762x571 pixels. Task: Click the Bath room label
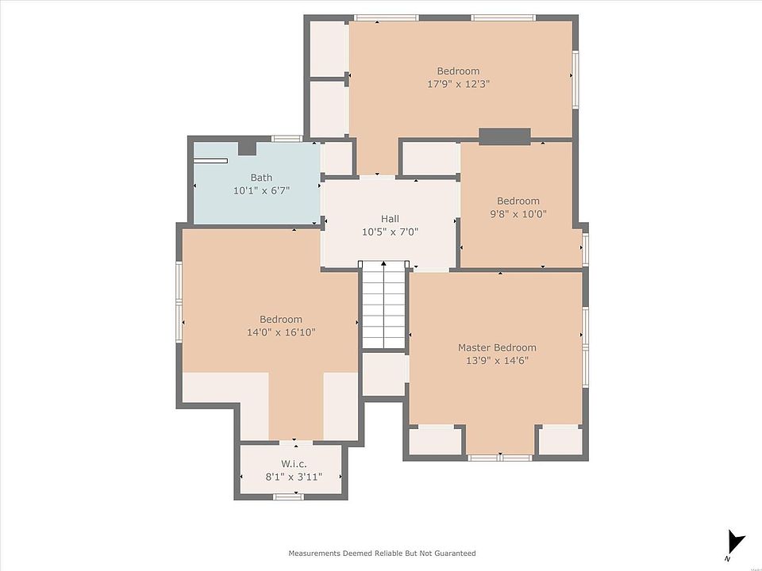click(261, 178)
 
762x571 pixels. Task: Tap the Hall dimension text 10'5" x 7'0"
click(390, 232)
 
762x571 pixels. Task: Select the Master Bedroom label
click(497, 347)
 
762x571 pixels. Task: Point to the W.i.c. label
click(294, 464)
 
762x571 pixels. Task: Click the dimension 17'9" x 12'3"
click(458, 84)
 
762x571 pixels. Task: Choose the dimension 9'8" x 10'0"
click(518, 213)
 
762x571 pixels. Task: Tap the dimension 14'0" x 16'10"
click(281, 332)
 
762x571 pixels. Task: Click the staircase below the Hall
click(384, 305)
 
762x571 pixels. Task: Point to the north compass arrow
click(736, 542)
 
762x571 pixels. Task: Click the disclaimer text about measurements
click(382, 553)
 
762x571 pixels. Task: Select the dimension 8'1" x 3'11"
click(294, 477)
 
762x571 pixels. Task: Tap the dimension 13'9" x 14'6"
click(497, 361)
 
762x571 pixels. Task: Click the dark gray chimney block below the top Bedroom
click(505, 136)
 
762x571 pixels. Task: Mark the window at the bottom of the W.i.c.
click(287, 496)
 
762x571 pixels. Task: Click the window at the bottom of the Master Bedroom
click(500, 458)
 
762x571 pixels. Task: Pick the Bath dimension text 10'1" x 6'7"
click(261, 191)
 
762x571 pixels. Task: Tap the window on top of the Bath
click(287, 139)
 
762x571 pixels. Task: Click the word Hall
click(390, 219)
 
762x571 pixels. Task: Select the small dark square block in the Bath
click(247, 148)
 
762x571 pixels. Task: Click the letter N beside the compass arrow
click(726, 559)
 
